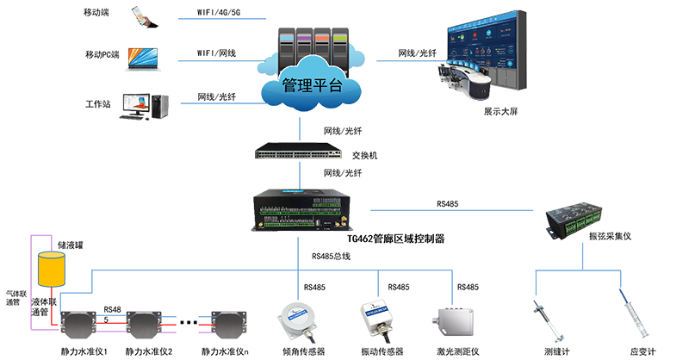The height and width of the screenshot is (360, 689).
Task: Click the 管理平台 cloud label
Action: coord(312,86)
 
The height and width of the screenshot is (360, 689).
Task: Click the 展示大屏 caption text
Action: coord(500,111)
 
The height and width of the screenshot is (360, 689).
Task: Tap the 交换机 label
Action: coord(365,156)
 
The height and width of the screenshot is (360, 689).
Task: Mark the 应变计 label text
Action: coord(642,351)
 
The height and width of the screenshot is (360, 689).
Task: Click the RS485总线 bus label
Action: coord(330,256)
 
